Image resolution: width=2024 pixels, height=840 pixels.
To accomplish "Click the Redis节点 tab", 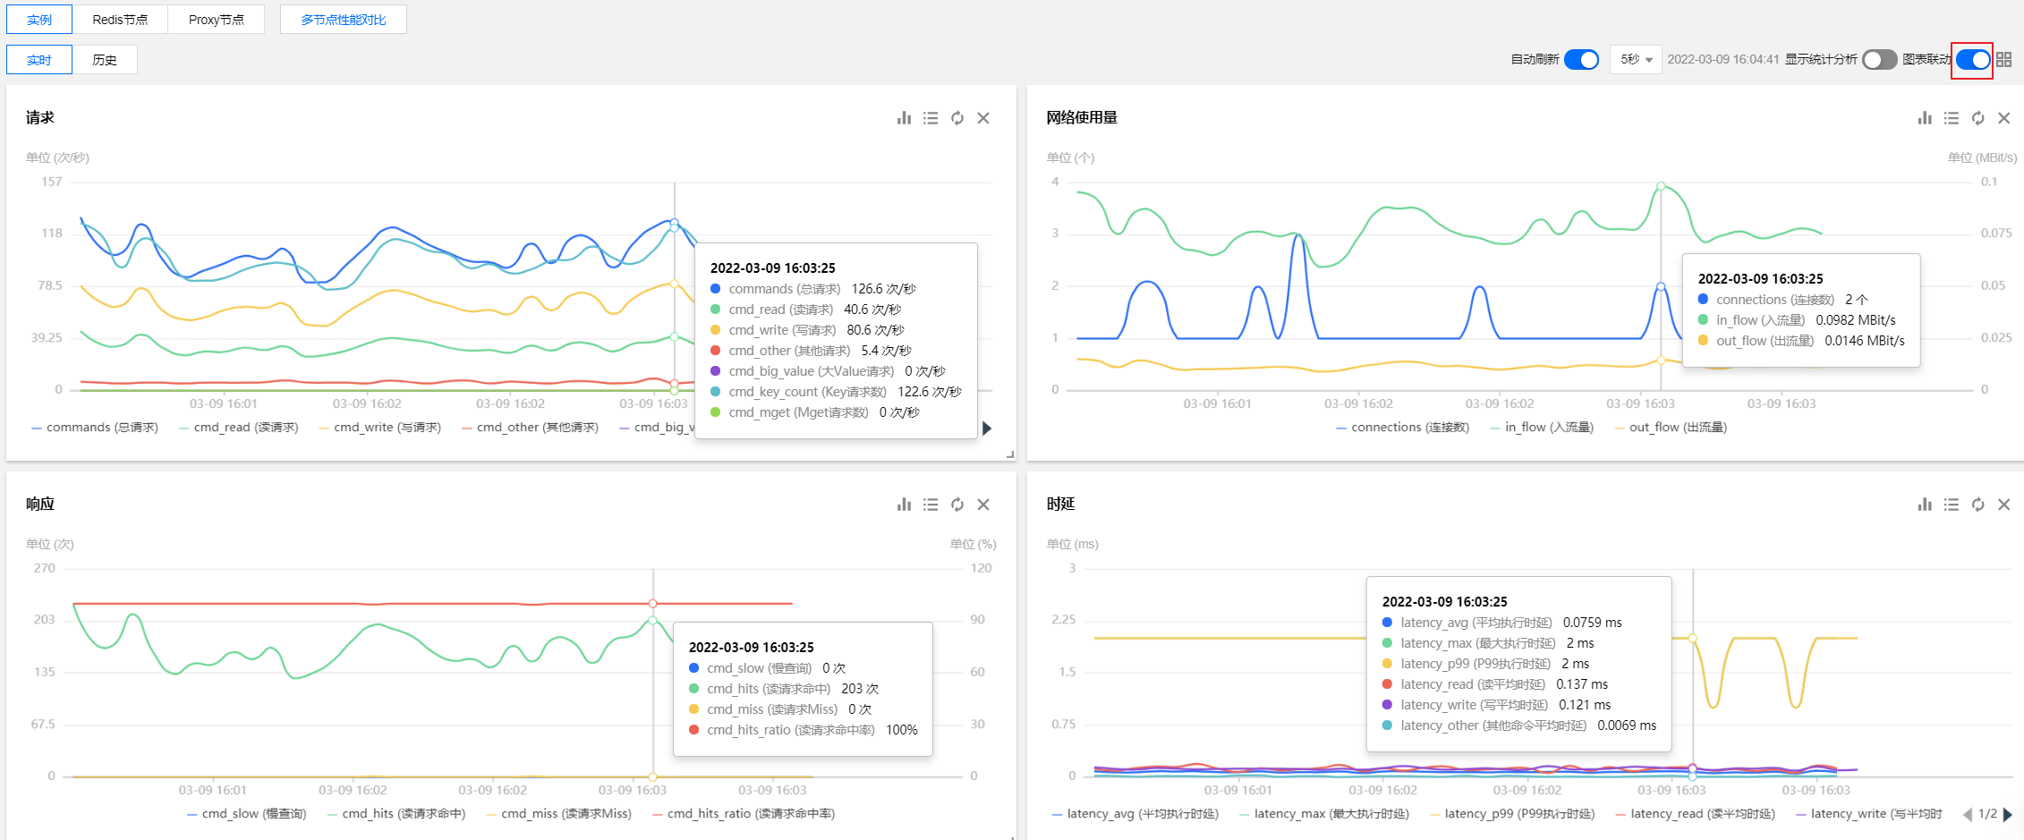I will [x=120, y=20].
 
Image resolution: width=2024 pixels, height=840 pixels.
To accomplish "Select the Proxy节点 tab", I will [x=216, y=20].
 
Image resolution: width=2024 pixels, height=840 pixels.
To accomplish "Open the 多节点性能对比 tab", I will [x=344, y=20].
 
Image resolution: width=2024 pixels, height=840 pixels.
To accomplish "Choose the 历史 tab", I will [x=105, y=60].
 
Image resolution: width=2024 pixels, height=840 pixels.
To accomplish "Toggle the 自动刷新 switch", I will [x=1581, y=59].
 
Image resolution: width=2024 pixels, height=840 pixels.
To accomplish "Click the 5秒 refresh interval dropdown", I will [x=1636, y=59].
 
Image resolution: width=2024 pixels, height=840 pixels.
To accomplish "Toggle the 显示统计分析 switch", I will [x=1879, y=59].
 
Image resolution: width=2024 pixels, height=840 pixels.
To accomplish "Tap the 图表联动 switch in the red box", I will [x=1972, y=60].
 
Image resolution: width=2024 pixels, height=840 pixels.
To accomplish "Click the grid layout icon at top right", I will [x=2003, y=59].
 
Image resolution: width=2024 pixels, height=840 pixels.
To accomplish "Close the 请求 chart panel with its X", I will [x=983, y=118].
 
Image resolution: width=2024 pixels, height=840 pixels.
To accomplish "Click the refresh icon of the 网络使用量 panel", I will [x=1977, y=118].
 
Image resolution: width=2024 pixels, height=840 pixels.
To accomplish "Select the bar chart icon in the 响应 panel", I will [x=904, y=505].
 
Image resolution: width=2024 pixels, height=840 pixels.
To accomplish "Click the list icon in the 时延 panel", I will [x=1952, y=505].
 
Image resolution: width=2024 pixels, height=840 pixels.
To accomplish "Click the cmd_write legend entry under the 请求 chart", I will [x=380, y=428].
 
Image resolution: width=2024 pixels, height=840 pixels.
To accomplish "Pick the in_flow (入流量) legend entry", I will [x=1542, y=428].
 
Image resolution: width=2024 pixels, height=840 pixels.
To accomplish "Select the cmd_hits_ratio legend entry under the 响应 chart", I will [x=744, y=814].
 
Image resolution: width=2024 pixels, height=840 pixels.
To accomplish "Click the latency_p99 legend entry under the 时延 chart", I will [x=1512, y=814].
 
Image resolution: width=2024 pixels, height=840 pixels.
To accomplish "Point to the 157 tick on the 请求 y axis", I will [x=52, y=182].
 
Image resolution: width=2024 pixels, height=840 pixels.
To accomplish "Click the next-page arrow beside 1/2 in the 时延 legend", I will [x=2008, y=814].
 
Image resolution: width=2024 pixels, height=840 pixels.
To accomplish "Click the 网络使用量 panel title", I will [x=1082, y=118].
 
